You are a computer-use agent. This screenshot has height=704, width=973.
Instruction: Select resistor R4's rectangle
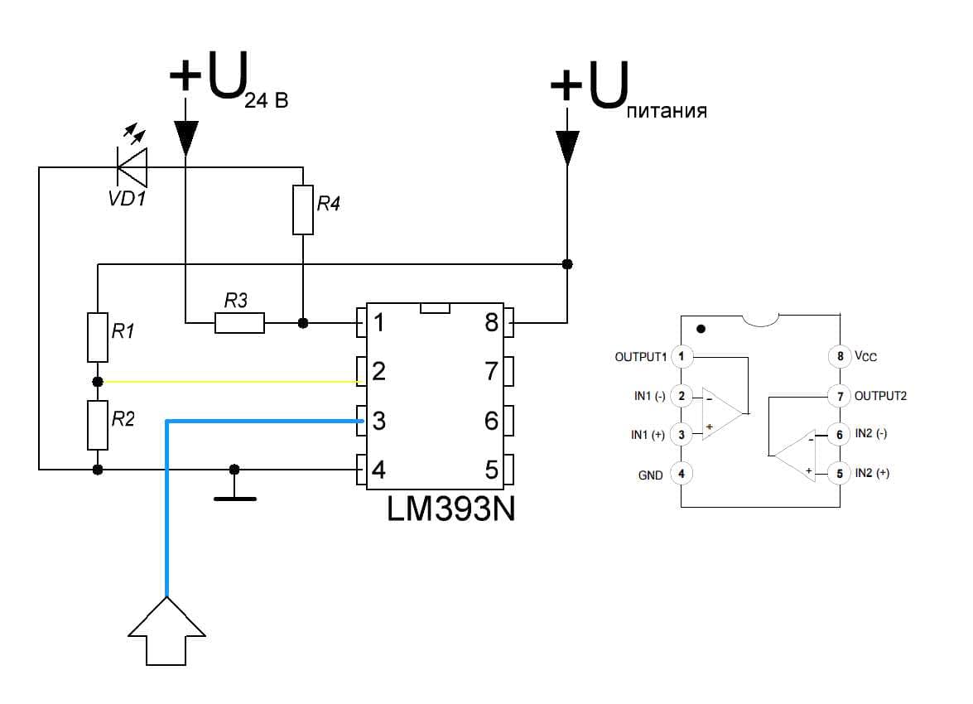[303, 210]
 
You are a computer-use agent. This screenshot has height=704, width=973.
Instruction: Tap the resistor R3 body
[239, 323]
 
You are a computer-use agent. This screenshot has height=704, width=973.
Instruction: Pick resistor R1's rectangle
[98, 337]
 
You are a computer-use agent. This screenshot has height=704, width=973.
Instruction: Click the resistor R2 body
[98, 425]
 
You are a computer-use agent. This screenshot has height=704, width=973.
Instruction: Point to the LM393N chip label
[451, 509]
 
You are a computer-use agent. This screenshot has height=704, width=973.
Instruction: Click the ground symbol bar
[234, 499]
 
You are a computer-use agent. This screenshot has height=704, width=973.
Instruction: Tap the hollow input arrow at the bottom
[166, 631]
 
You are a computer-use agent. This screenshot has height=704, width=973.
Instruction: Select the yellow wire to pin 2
[230, 382]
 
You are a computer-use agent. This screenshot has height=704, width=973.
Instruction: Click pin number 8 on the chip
[491, 323]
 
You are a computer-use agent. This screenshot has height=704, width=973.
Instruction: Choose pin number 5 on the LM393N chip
[491, 470]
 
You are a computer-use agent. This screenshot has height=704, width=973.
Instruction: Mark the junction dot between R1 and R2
[98, 382]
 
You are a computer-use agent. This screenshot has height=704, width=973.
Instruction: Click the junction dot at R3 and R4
[303, 323]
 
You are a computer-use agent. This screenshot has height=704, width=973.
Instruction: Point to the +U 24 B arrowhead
[185, 137]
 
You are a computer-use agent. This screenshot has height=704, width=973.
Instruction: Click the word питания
[667, 111]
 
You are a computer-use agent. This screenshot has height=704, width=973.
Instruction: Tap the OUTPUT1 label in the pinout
[640, 357]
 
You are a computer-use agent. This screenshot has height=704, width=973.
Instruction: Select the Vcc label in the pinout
[865, 355]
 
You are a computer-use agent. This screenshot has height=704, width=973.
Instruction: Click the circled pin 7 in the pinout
[840, 396]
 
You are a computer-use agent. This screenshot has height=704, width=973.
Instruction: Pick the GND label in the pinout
[650, 475]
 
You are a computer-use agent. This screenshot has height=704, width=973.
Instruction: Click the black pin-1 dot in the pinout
[701, 329]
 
